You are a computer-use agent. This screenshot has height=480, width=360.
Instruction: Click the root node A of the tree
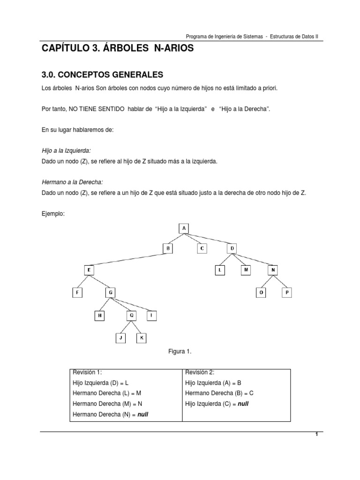(184, 228)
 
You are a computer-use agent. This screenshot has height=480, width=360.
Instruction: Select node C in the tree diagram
(201, 248)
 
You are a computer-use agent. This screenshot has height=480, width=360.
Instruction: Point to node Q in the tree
(132, 315)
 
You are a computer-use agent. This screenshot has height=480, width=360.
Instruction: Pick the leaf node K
(141, 337)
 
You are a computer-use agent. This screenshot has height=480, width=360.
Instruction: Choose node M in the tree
(246, 270)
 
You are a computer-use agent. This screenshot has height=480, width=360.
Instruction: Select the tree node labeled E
(90, 270)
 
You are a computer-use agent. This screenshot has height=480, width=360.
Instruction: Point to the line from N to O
(266, 282)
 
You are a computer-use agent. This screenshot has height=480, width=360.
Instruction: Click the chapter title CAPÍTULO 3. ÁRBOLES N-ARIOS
(117, 49)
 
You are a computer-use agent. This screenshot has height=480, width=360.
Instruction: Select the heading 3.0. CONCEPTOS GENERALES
(102, 74)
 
